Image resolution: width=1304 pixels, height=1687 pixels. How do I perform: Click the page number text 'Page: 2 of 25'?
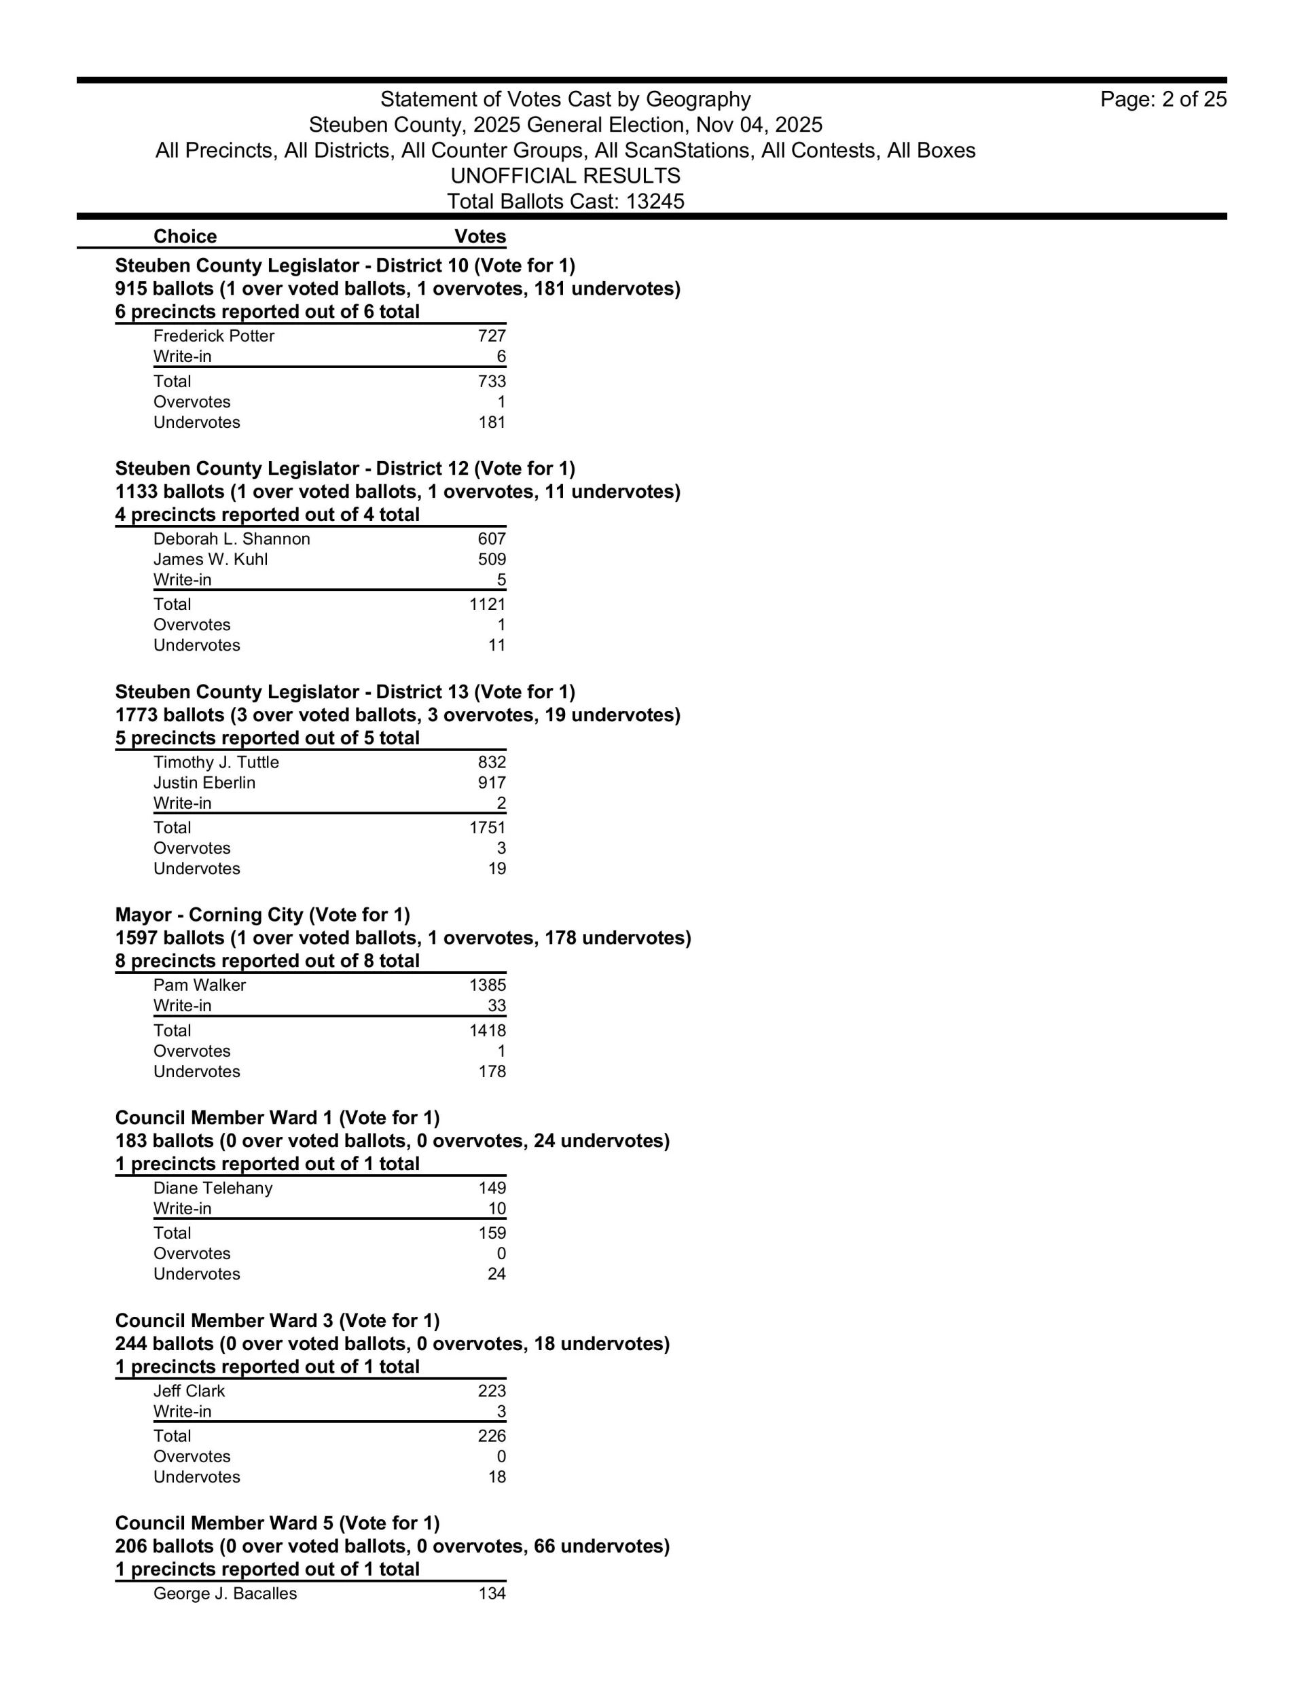click(1163, 100)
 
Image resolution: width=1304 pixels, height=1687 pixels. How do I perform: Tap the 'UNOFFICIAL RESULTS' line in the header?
click(566, 176)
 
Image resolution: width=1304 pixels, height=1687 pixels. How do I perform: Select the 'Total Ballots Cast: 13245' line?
click(566, 202)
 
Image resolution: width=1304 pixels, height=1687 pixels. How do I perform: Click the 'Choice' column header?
click(185, 236)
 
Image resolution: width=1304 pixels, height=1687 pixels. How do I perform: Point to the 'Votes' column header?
click(479, 236)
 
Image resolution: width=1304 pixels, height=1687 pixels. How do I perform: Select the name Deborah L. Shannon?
click(232, 539)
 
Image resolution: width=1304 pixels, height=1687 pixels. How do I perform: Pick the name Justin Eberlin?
click(204, 782)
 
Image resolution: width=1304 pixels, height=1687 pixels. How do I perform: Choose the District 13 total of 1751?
click(488, 827)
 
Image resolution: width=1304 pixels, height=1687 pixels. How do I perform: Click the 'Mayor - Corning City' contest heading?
click(263, 915)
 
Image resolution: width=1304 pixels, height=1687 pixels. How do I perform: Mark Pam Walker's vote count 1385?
click(488, 985)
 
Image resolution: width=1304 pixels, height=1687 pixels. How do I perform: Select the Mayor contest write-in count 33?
click(496, 1006)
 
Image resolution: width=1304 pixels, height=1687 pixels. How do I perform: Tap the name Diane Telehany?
click(213, 1188)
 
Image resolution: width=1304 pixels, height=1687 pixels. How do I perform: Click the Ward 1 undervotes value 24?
click(496, 1274)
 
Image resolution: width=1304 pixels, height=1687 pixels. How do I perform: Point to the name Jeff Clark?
click(189, 1391)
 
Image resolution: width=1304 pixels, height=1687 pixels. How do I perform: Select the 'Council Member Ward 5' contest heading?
click(277, 1523)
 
